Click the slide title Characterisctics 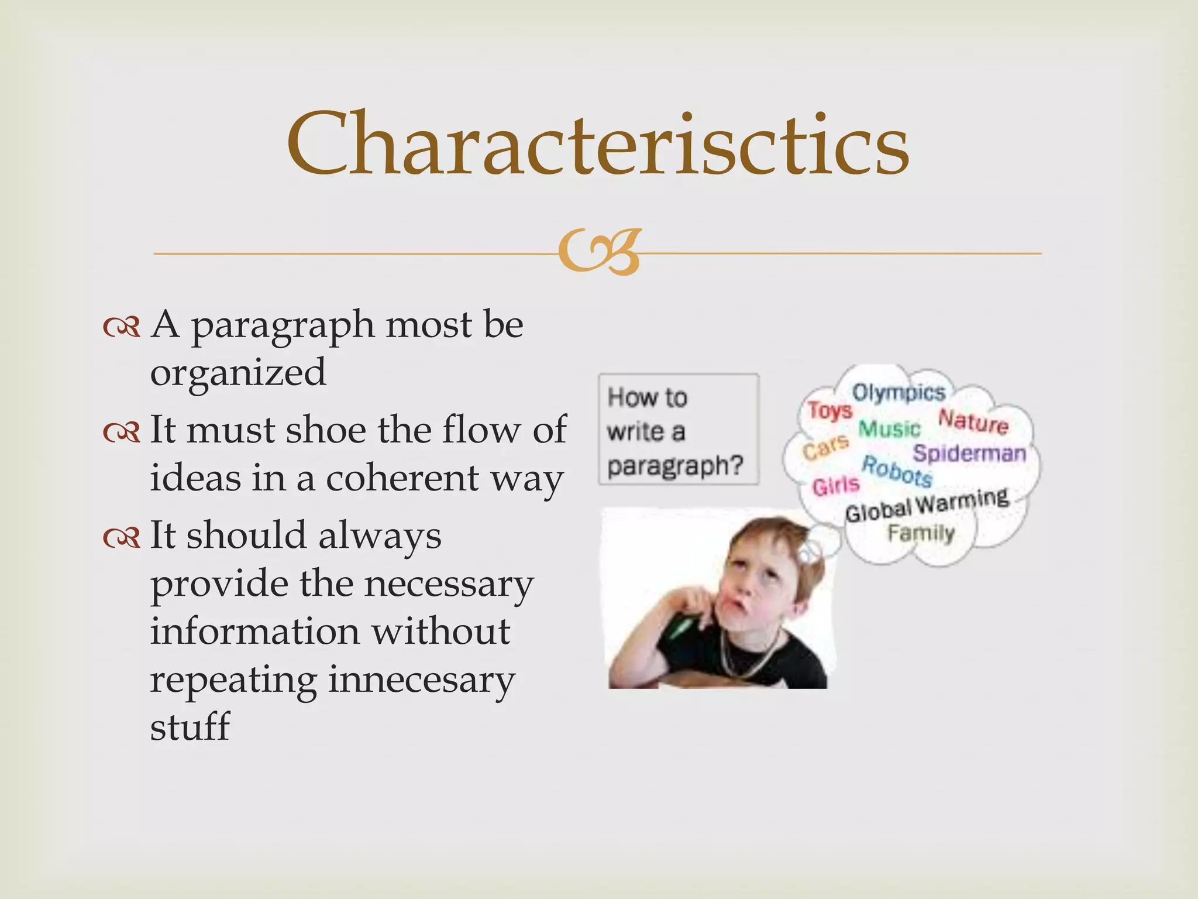[597, 144]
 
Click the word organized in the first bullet [238, 373]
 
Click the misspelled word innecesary [421, 680]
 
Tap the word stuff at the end [190, 728]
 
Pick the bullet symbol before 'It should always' [122, 537]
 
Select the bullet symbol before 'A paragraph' [122, 327]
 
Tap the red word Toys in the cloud [830, 411]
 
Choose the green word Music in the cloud [889, 429]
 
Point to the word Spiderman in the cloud [969, 454]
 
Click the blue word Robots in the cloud [897, 472]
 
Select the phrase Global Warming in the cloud [927, 505]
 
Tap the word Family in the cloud [921, 533]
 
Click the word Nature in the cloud [973, 422]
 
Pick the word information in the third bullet [255, 633]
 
